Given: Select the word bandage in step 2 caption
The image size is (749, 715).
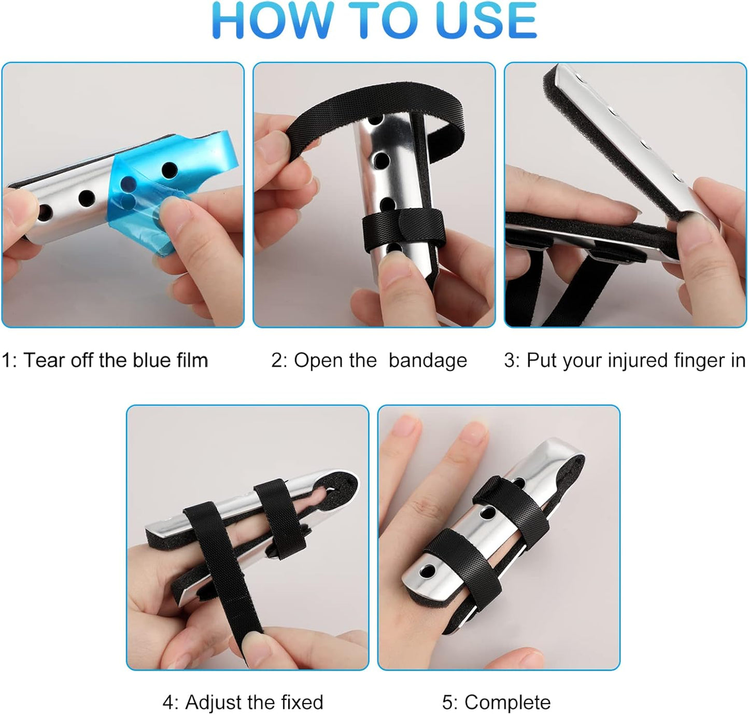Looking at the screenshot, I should pyautogui.click(x=428, y=360).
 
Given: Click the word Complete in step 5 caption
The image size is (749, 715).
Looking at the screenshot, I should pyautogui.click(x=507, y=703).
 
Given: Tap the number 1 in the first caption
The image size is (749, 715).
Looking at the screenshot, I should pyautogui.click(x=6, y=360).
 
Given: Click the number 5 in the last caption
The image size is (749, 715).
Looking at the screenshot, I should pyautogui.click(x=447, y=703).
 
